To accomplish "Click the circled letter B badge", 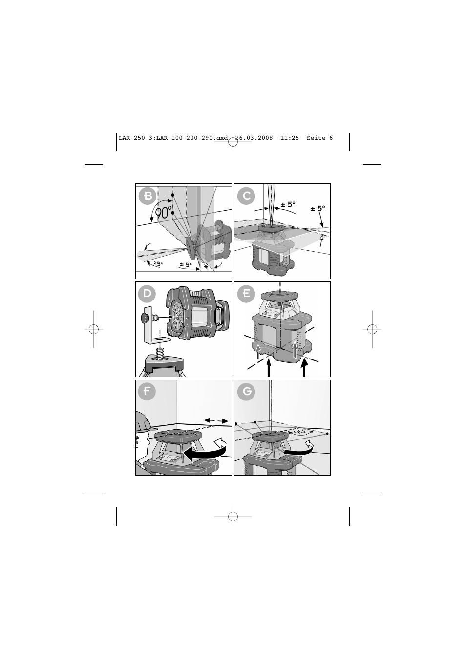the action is click(x=148, y=196).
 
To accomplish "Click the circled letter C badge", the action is click(x=246, y=196).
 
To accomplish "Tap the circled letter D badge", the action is click(x=147, y=293).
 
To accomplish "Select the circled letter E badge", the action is click(x=246, y=293).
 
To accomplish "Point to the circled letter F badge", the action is click(x=147, y=391).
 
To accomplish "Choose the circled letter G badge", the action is click(x=246, y=391).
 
